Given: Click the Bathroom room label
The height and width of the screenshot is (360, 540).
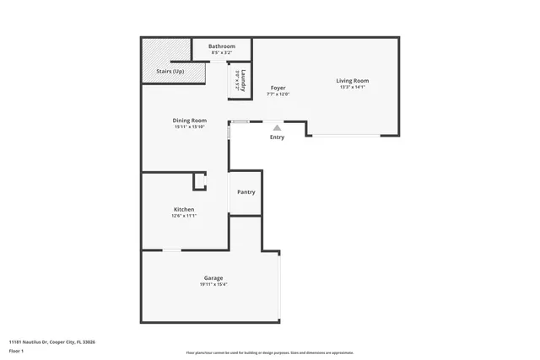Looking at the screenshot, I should click(x=222, y=46).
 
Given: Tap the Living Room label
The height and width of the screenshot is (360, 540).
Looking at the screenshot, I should click(x=354, y=80).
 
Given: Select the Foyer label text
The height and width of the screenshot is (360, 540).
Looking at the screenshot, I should click(x=278, y=88).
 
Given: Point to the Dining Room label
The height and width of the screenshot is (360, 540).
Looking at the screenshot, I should click(x=190, y=121).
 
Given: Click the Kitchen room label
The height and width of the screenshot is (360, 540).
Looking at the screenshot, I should click(x=184, y=209).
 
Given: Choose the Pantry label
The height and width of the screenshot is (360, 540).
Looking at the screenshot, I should click(x=246, y=192).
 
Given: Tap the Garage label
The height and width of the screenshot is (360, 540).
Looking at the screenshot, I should click(x=213, y=277).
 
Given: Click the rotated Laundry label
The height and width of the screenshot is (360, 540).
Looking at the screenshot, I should click(x=243, y=81).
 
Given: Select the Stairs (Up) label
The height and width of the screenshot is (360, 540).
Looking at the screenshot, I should click(x=170, y=72).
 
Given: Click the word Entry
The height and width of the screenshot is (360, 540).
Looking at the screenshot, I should click(x=277, y=137).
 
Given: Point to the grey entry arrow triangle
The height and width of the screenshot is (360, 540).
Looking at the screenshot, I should click(x=277, y=127).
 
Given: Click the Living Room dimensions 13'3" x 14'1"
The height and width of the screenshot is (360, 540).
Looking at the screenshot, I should click(x=354, y=87).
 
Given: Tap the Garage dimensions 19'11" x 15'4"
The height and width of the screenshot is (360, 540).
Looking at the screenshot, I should click(x=213, y=284).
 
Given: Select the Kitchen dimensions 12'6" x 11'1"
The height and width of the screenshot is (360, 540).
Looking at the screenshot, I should click(x=184, y=216).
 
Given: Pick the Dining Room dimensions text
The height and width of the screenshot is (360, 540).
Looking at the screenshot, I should click(x=190, y=127).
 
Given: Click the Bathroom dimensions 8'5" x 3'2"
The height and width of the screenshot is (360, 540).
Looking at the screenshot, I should click(x=222, y=52).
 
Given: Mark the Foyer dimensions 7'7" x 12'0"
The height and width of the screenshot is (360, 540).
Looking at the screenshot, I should click(x=278, y=94).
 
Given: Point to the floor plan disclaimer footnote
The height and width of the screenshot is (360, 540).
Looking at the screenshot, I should click(x=270, y=352).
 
